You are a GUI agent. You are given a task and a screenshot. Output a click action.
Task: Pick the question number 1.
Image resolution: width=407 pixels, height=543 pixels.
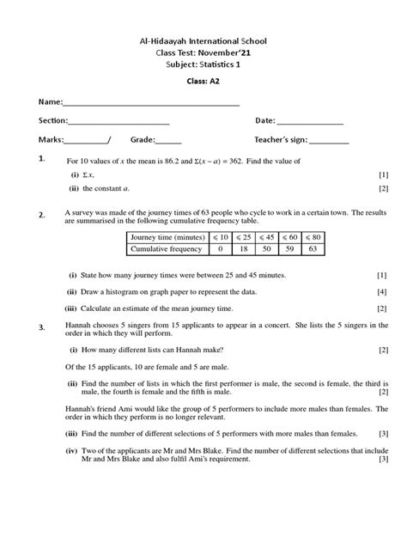[41, 160]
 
